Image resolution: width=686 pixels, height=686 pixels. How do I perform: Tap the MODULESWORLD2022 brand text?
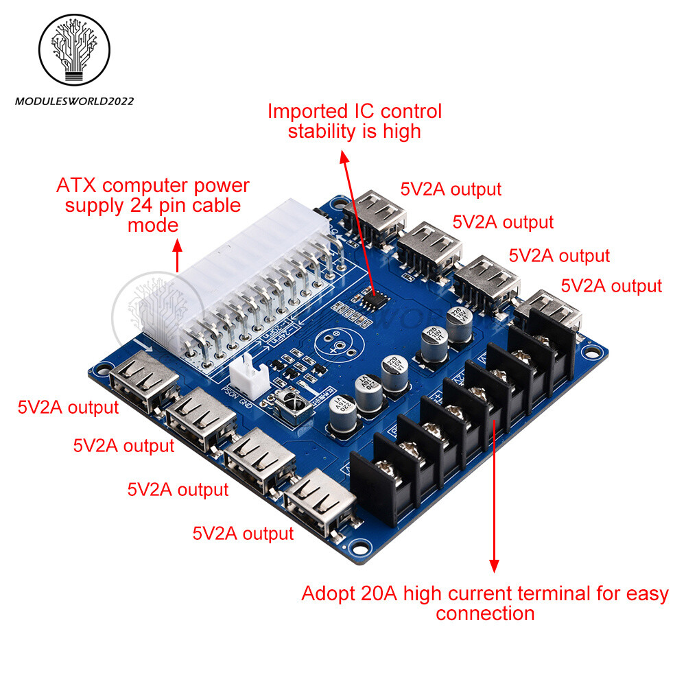coord(74,102)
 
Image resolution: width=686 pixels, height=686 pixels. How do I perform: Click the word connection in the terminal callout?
coord(485,613)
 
